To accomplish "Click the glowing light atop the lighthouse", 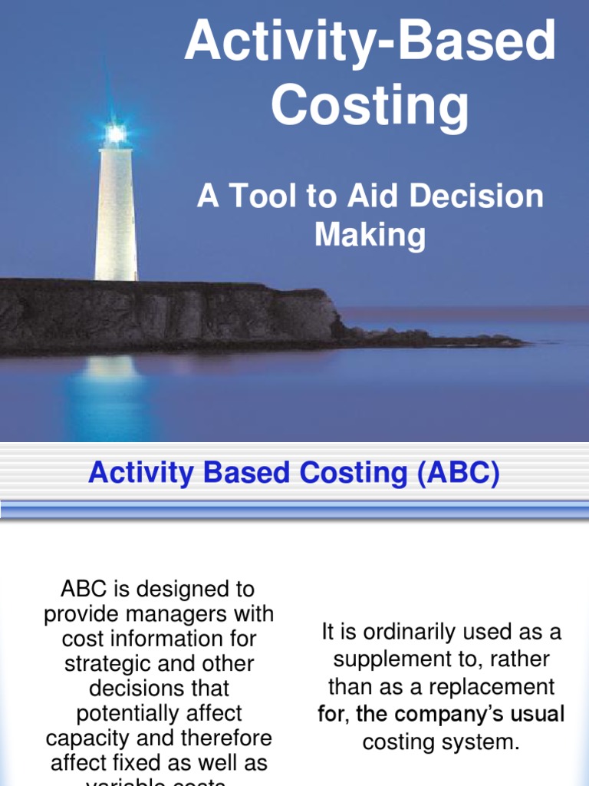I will pos(116,134).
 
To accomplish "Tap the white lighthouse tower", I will pos(116,215).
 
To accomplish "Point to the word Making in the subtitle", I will pos(370,234).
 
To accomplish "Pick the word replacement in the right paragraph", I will pos(489,685).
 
